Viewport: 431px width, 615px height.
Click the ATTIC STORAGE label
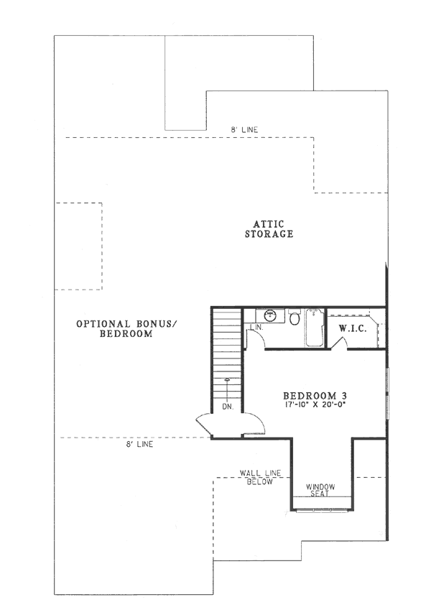[x=269, y=229]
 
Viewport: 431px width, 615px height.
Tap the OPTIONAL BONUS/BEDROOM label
[x=126, y=329]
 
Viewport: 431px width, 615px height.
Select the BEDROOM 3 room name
[x=316, y=396]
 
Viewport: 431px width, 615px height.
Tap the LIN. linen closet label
[x=254, y=328]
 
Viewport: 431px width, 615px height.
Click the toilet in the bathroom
[x=295, y=318]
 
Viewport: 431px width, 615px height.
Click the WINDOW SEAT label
[x=320, y=490]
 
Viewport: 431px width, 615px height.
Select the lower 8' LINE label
[x=139, y=444]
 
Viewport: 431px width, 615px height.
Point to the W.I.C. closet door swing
[x=339, y=343]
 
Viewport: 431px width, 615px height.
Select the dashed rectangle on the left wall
[x=79, y=246]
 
